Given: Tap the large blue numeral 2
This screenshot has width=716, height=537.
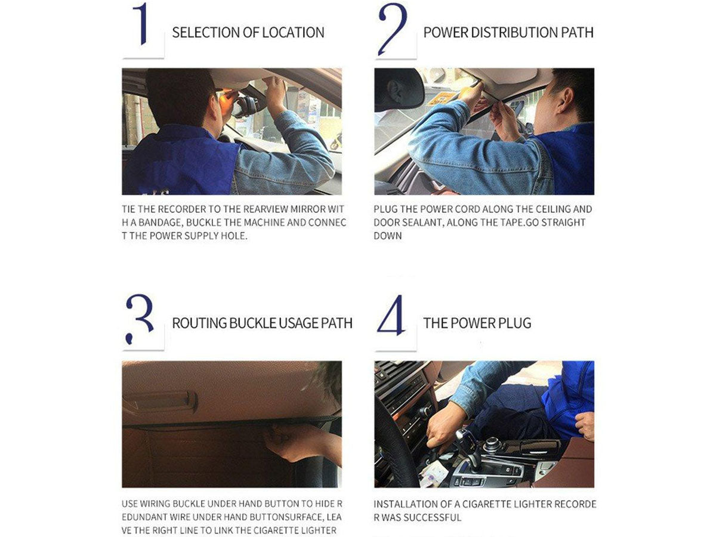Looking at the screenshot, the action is click(393, 29).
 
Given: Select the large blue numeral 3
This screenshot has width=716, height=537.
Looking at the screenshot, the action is click(140, 319).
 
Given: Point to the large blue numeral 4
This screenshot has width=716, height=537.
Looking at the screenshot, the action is click(391, 315).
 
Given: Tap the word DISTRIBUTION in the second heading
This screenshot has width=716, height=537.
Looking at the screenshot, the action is click(514, 33).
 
